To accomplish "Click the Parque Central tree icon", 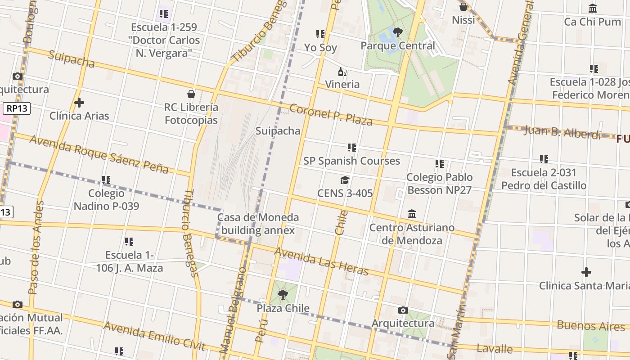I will pyautogui.click(x=397, y=32).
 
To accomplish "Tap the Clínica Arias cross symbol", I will pyautogui.click(x=79, y=103).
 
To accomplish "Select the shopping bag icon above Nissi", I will pyautogui.click(x=463, y=7).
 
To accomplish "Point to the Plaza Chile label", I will pyautogui.click(x=283, y=308).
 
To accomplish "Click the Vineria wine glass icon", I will pyautogui.click(x=342, y=72).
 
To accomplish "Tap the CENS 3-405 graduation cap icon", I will pyautogui.click(x=345, y=180).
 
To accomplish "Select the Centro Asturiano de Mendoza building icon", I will pyautogui.click(x=412, y=214).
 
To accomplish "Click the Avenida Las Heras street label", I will pyautogui.click(x=321, y=261).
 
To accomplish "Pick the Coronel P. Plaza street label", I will pyautogui.click(x=331, y=115).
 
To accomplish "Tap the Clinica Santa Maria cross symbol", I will pyautogui.click(x=586, y=272).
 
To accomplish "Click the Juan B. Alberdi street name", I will pyautogui.click(x=562, y=132).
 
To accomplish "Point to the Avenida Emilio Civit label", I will pyautogui.click(x=154, y=336).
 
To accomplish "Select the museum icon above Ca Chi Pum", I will pyautogui.click(x=593, y=8).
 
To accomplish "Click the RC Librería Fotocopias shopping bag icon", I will pyautogui.click(x=191, y=94).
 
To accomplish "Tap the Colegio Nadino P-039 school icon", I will pyautogui.click(x=106, y=180).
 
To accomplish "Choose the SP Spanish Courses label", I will pyautogui.click(x=351, y=161).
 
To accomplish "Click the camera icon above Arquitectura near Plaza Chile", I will pyautogui.click(x=403, y=310).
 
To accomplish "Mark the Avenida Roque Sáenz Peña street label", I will pyautogui.click(x=99, y=154).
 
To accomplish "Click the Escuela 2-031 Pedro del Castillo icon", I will pyautogui.click(x=544, y=159).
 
